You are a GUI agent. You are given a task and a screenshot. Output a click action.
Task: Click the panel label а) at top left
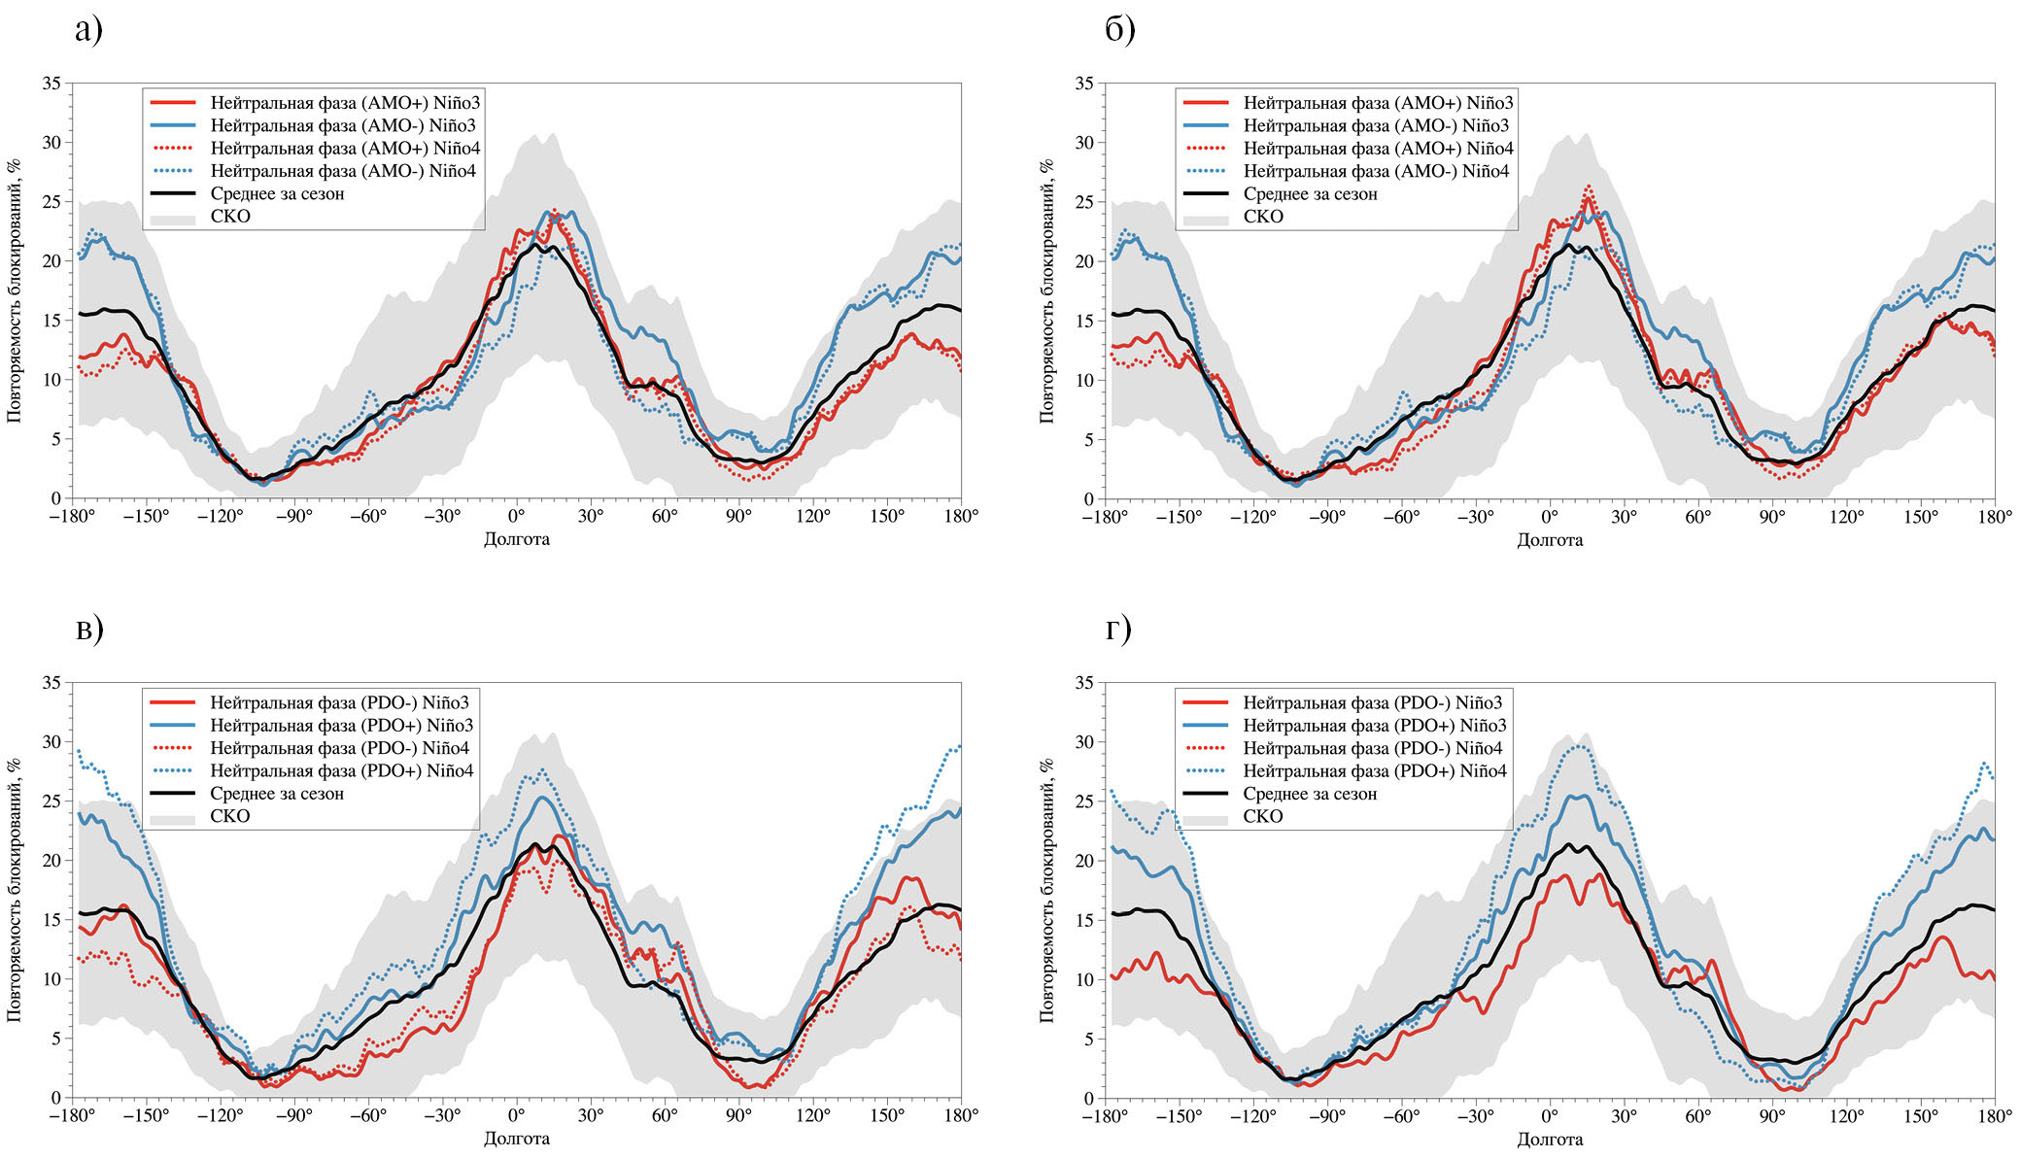coord(88,31)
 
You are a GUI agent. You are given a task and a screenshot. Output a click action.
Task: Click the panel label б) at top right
coord(1119,31)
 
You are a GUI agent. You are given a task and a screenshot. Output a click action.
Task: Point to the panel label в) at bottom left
coord(88,631)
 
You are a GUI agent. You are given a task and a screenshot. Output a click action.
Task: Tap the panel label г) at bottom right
coord(1118,631)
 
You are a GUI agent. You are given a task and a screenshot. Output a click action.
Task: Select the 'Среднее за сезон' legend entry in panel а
coord(277,193)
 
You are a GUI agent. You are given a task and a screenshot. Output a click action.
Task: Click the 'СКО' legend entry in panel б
coord(1263,217)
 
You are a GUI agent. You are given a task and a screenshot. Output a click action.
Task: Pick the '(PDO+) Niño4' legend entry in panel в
coord(341,770)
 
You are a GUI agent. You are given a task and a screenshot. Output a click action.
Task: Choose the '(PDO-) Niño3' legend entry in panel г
coord(1372,702)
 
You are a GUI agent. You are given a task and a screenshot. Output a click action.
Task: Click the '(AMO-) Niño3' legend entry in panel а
coord(343,125)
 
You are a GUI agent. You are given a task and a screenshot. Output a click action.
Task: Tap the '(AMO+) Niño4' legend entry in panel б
coord(1378,149)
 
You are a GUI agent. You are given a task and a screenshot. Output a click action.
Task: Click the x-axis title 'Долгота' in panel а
coord(517,539)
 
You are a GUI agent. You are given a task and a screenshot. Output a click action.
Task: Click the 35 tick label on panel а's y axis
coord(51,84)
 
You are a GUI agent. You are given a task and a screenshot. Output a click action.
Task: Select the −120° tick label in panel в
coord(220,1115)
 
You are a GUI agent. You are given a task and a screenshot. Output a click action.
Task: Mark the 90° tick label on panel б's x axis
coord(1772,516)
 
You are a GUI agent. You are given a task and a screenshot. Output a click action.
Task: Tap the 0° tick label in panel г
coord(1550,1115)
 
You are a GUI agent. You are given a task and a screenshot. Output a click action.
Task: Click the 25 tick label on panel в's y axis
coord(51,801)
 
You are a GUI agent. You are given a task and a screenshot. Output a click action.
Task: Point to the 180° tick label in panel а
coord(961,516)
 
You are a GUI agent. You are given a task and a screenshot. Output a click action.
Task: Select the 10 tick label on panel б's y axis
coord(1084,380)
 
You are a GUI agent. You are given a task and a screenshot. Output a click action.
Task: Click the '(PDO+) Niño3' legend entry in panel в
coord(341,726)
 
